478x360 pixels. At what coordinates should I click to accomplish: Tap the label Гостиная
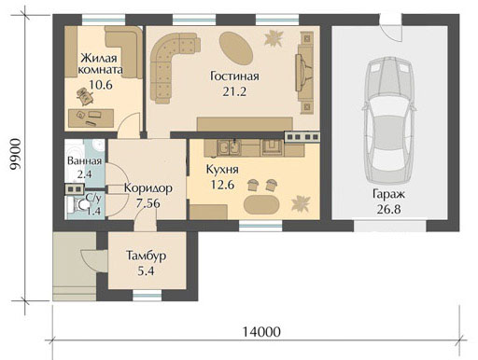tap(234, 76)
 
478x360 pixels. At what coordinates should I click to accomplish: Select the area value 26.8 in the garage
tap(388, 209)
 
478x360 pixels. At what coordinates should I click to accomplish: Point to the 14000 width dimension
tap(261, 332)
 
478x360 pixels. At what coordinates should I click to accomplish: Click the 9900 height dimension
tap(15, 154)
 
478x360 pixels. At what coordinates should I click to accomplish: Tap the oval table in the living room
tap(235, 48)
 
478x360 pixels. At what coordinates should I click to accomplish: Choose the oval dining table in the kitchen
tap(261, 205)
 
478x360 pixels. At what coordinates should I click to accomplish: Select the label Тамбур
tap(146, 256)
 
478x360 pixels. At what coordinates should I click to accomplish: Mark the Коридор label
tap(148, 188)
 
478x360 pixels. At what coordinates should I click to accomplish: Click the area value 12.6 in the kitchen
tap(222, 185)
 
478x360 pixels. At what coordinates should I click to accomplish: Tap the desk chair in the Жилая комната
tap(85, 95)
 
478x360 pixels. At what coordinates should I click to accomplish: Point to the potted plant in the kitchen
tap(301, 203)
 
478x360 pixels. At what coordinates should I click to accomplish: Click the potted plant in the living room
tap(274, 38)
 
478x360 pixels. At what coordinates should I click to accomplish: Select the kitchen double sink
tap(230, 147)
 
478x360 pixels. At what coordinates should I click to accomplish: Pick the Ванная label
tap(84, 161)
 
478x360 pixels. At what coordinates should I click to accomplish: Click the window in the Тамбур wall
tap(148, 296)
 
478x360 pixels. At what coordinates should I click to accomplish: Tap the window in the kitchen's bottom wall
tap(260, 226)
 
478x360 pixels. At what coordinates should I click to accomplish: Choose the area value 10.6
tap(101, 85)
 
